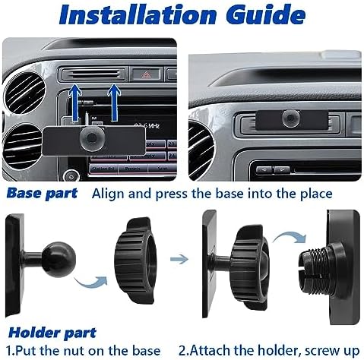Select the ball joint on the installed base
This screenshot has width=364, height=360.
(x=291, y=118)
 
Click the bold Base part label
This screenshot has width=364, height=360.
(x=43, y=193)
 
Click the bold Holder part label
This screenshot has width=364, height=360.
(x=52, y=333)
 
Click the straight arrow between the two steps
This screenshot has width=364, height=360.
(x=179, y=260)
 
